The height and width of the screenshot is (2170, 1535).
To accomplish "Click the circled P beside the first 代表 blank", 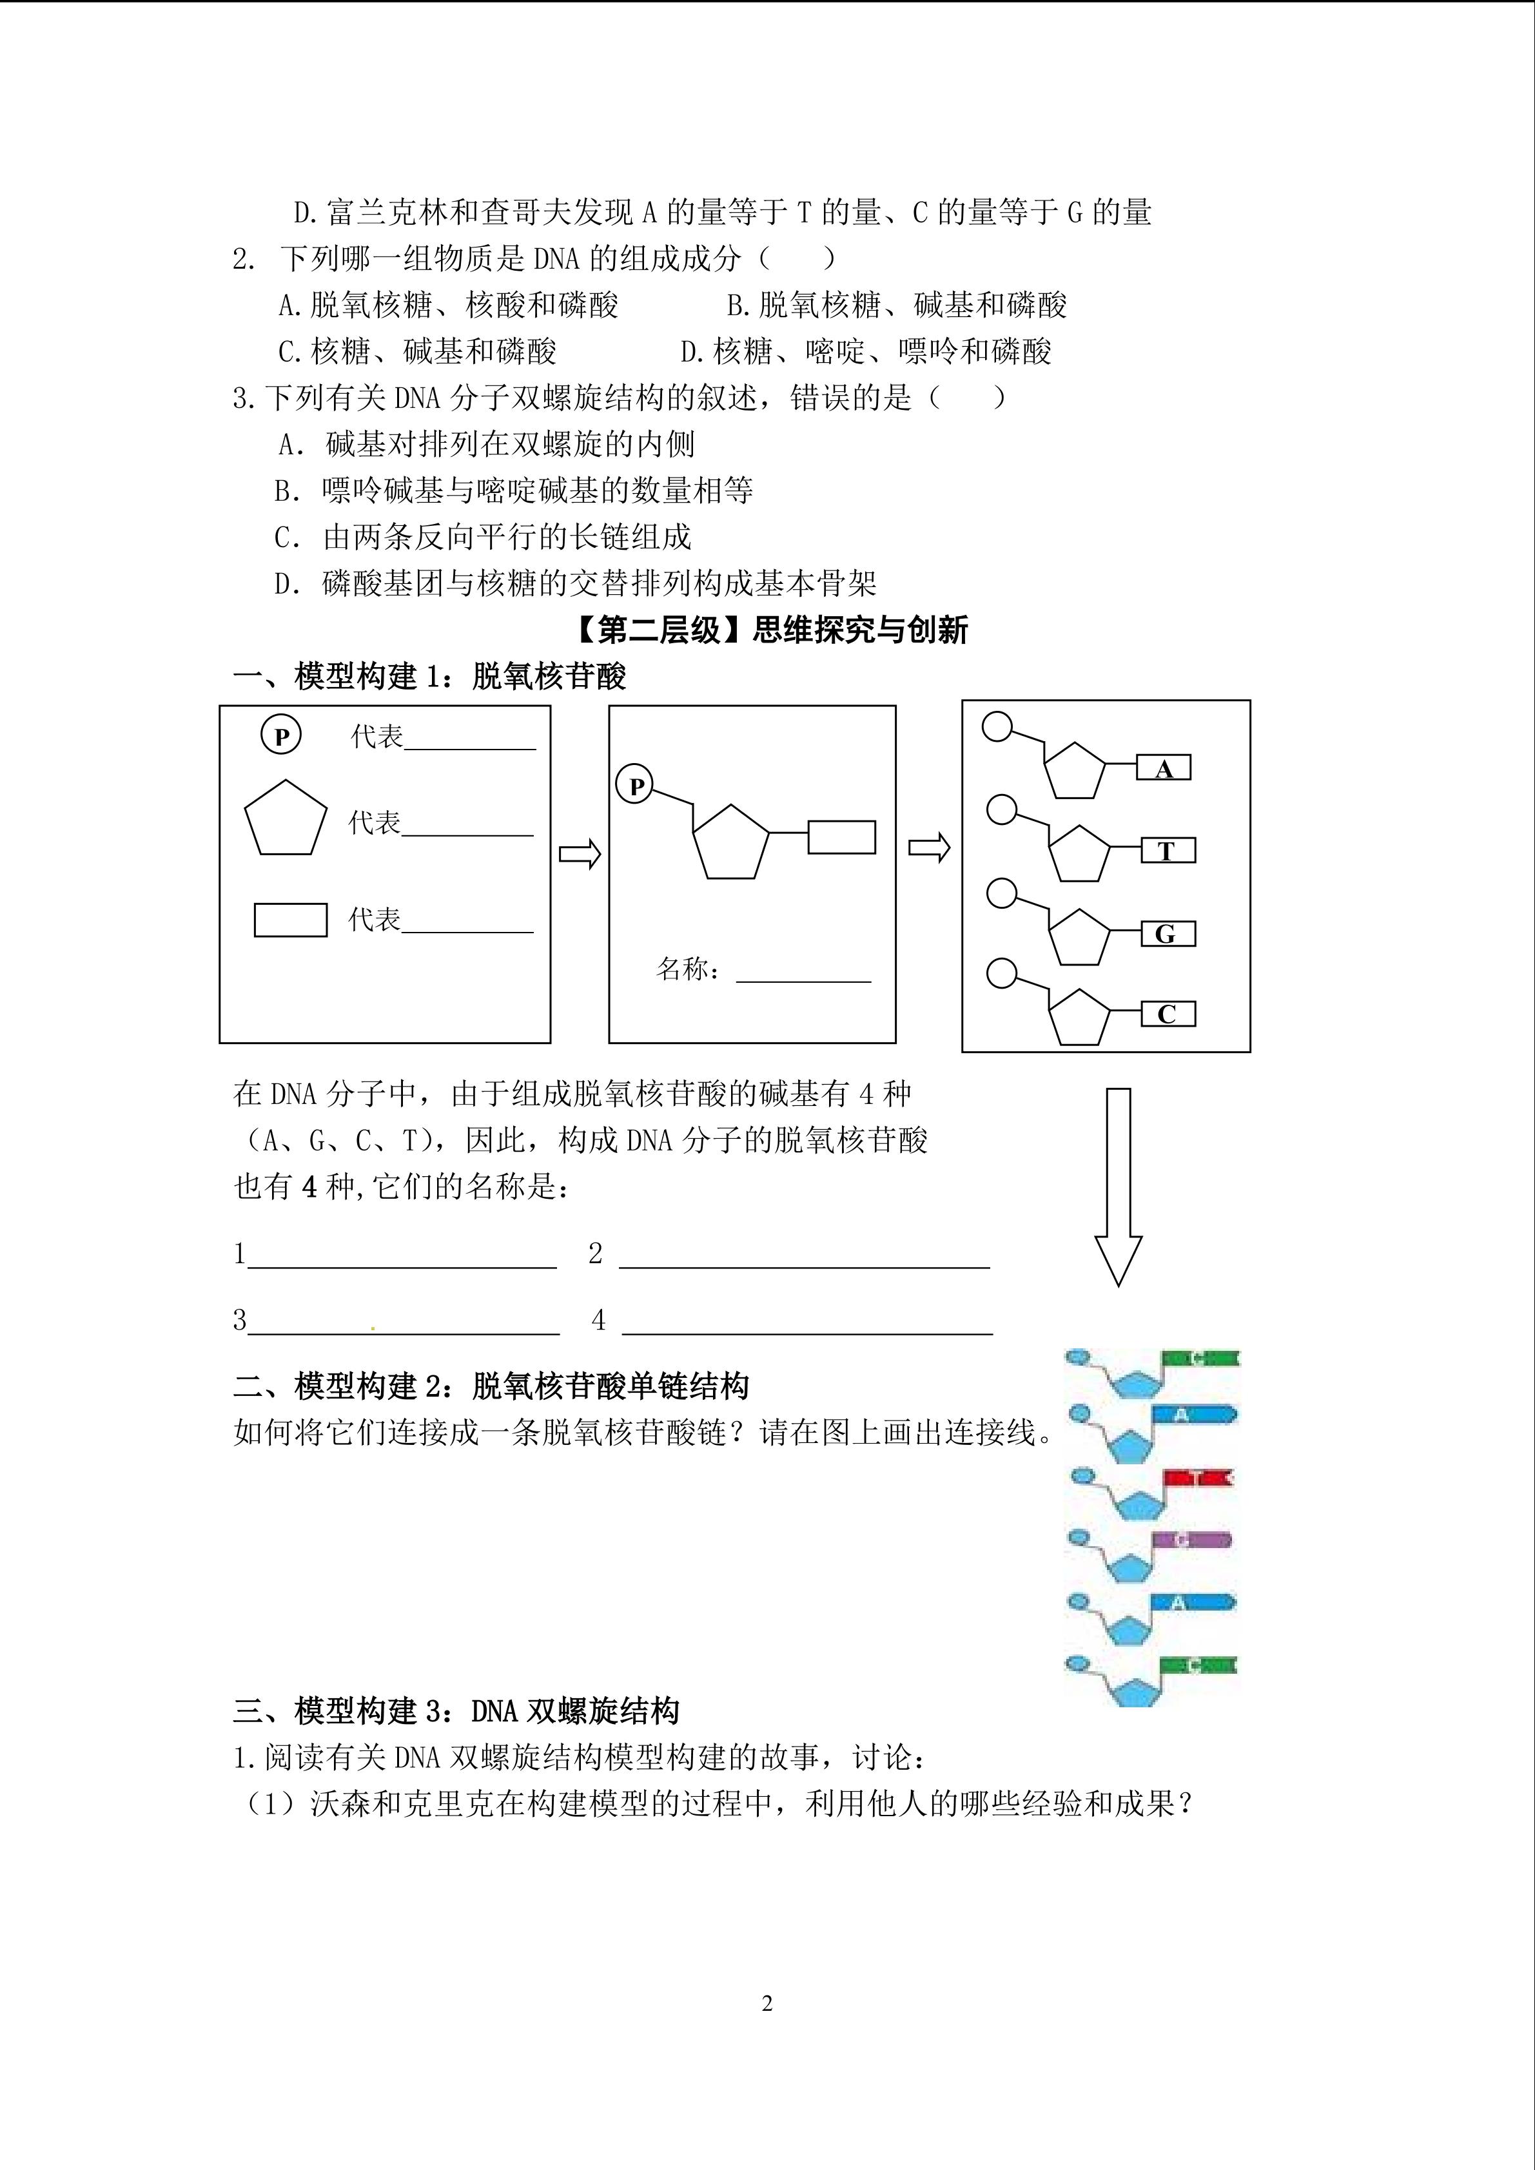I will click(x=280, y=735).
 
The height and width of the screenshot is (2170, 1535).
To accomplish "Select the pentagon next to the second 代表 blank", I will click(x=286, y=819).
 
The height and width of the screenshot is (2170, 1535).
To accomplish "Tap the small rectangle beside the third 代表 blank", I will click(x=290, y=920).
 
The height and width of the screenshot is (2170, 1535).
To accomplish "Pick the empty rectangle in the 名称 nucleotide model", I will click(x=841, y=837).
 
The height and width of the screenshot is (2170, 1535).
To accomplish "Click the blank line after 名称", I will click(x=803, y=973).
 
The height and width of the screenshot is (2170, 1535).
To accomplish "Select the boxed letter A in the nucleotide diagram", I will click(x=1164, y=768).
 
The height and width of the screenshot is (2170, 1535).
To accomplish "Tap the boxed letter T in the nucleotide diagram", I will click(x=1168, y=851).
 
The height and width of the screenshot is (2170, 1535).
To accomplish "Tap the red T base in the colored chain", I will click(x=1198, y=1477).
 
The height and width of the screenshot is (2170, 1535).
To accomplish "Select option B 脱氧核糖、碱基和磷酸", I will click(x=896, y=305).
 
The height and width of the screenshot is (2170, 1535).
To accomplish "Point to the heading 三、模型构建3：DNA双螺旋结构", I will click(x=456, y=1710).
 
